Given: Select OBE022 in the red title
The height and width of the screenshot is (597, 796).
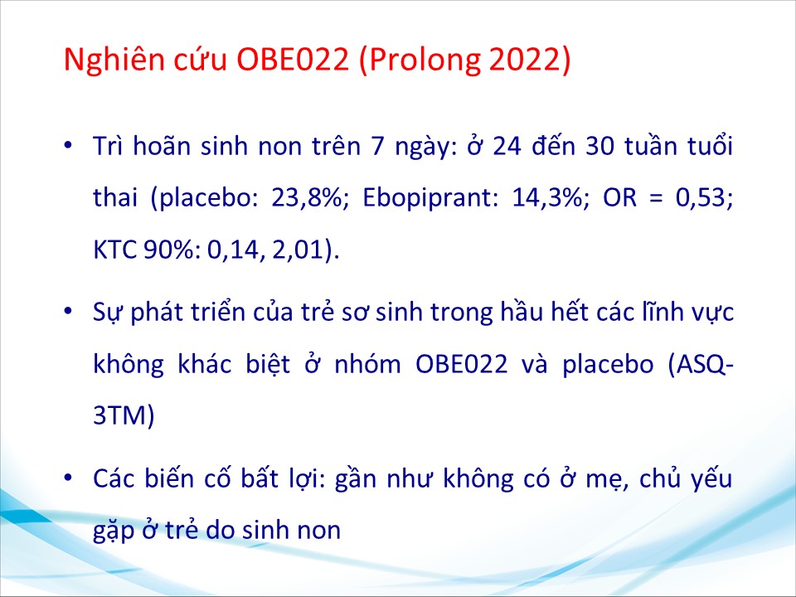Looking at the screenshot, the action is click(x=294, y=59).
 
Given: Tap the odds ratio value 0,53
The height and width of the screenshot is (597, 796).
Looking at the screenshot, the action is click(x=704, y=197).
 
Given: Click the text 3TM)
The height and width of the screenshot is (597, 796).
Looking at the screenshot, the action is click(x=124, y=415).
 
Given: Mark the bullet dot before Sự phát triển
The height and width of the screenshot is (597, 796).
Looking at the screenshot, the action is click(x=68, y=311).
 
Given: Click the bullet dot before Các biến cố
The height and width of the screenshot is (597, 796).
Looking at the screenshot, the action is click(x=68, y=478).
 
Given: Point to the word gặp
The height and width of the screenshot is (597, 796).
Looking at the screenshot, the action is click(x=114, y=531).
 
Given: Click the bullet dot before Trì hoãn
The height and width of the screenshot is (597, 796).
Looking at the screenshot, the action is click(x=68, y=146).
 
